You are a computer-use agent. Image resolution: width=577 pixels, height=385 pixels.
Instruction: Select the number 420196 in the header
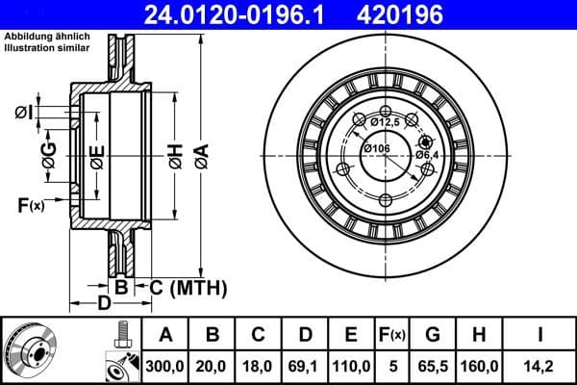click(441, 15)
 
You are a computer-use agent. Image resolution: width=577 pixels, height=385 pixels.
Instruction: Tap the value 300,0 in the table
click(164, 365)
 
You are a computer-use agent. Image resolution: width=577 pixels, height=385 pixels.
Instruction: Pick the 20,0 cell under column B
click(213, 365)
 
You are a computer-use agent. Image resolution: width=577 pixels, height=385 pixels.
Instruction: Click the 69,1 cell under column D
click(306, 365)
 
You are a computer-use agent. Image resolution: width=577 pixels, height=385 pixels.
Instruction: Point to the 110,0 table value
click(351, 365)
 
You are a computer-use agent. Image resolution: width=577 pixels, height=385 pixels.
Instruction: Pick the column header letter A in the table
click(164, 335)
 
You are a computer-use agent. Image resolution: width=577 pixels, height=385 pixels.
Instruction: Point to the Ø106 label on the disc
click(376, 148)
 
